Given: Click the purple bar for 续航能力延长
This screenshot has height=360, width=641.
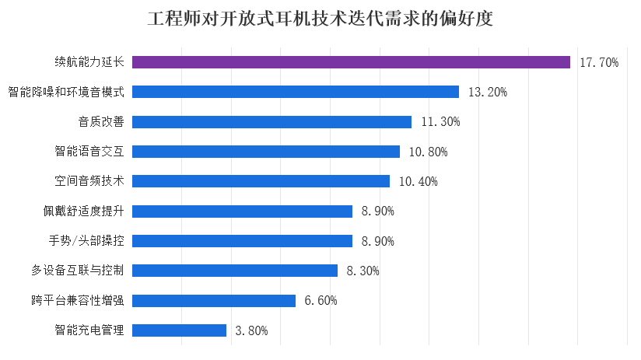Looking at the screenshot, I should point(352,62).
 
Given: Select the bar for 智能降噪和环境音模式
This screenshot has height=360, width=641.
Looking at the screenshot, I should point(296,92).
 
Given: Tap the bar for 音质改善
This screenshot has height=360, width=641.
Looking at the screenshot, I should point(272,122).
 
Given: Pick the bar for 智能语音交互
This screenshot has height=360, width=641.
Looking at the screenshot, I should point(266,152).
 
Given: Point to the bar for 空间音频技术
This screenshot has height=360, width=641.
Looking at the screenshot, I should point(261,181).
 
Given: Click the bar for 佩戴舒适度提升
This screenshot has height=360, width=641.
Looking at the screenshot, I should point(243,211).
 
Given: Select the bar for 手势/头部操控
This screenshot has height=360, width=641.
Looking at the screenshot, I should point(243,241).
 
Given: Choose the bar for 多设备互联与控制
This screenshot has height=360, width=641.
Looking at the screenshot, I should point(235,271).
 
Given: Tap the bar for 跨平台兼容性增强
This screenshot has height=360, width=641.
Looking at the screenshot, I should point(214,300).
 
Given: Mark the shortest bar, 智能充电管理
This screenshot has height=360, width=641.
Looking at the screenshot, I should point(180,330).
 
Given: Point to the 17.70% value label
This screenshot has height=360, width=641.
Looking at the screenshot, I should point(599,62).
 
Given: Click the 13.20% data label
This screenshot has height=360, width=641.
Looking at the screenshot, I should point(488,93).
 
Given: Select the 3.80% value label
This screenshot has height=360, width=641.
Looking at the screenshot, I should point(251,330).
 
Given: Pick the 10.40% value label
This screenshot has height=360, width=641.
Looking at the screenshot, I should point(418,182).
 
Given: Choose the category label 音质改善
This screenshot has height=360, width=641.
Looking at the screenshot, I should point(101,122).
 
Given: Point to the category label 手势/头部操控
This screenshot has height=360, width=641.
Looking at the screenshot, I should point(86,241).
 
